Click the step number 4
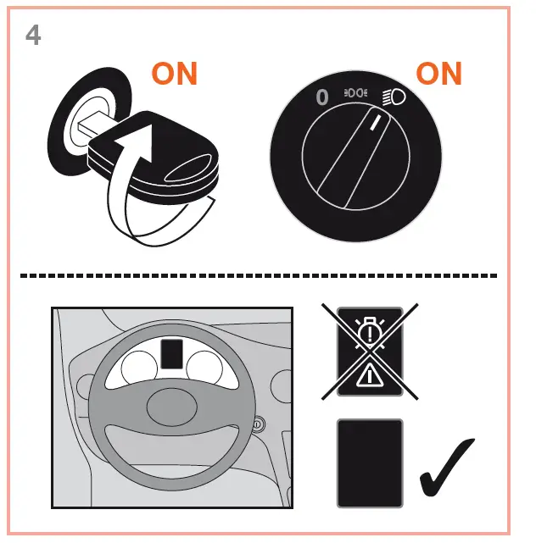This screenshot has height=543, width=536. pyautogui.click(x=33, y=36)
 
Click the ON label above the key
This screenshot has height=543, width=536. pyautogui.click(x=174, y=74)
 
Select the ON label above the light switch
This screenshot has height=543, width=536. pyautogui.click(x=438, y=74)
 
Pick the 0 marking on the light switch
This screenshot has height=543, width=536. pyautogui.click(x=322, y=97)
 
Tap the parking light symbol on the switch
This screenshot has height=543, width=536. pyautogui.click(x=355, y=93)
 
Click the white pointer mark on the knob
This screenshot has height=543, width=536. pyautogui.click(x=375, y=126)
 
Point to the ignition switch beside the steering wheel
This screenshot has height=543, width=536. pyautogui.click(x=258, y=424)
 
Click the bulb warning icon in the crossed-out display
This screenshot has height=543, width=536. pyautogui.click(x=370, y=331)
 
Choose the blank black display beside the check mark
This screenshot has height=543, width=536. pyautogui.click(x=370, y=463)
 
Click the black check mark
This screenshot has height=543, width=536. pyautogui.click(x=447, y=468)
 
